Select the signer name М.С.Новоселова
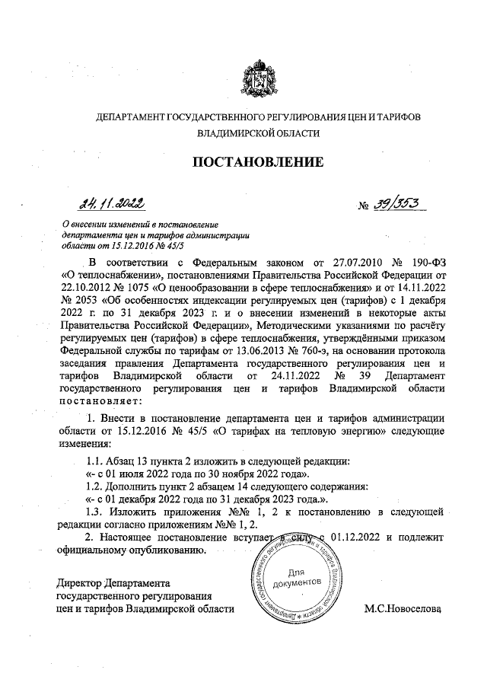click(403, 609)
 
